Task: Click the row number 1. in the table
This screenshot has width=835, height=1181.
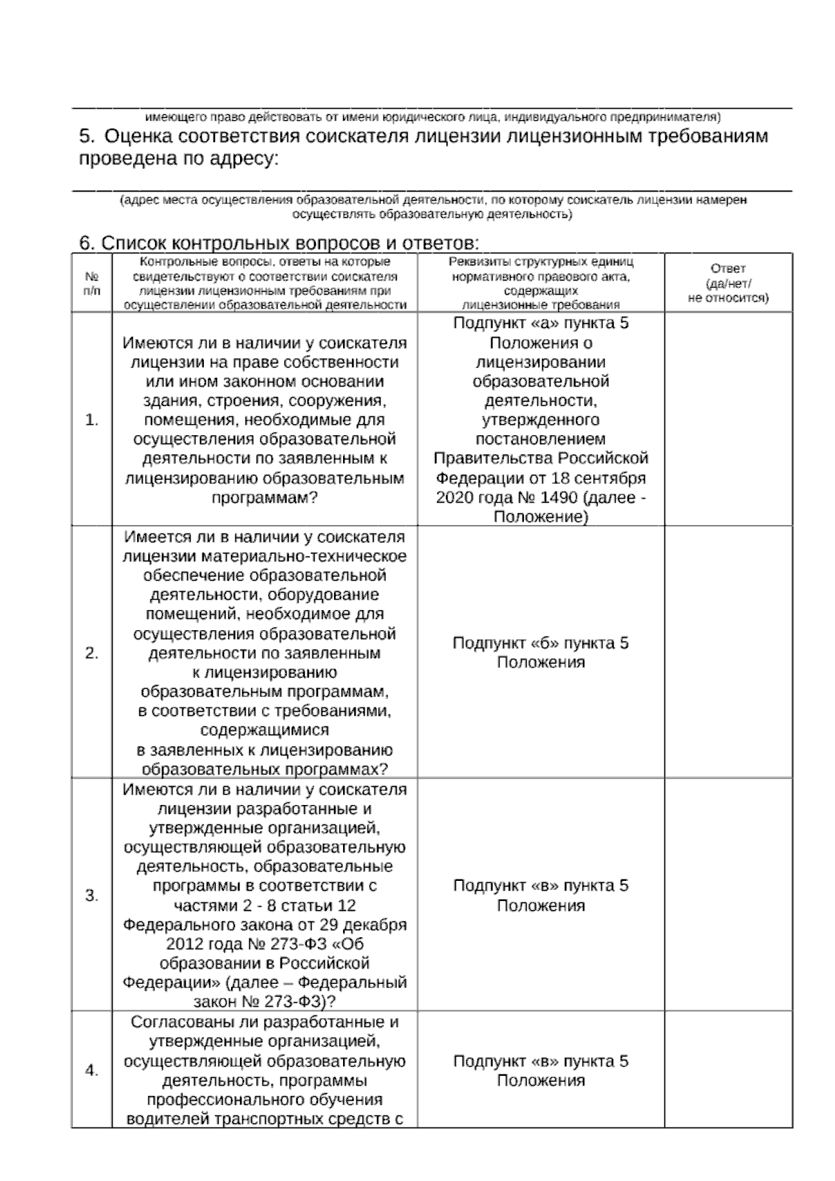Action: click(x=91, y=420)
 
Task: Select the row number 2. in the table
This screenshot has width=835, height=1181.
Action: click(x=91, y=653)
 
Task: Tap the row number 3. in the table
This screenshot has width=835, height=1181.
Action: click(x=91, y=895)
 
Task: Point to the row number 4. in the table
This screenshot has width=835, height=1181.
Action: click(x=91, y=1070)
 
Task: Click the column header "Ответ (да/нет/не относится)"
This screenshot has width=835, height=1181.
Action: click(x=728, y=283)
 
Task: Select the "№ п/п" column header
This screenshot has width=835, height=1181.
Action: click(x=91, y=283)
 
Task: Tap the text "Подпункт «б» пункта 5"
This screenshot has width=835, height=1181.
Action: click(x=541, y=643)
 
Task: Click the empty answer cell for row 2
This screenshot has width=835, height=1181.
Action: click(x=728, y=652)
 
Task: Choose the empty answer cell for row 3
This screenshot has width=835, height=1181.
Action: click(x=728, y=895)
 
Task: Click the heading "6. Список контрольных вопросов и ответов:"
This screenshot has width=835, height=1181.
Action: click(x=278, y=243)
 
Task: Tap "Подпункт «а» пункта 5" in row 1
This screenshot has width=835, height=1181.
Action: click(x=541, y=323)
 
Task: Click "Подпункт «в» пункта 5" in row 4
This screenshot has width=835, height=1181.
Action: click(x=541, y=1061)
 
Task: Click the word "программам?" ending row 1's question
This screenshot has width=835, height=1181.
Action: click(x=264, y=498)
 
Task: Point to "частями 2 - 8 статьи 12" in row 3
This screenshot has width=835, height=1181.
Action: click(x=264, y=905)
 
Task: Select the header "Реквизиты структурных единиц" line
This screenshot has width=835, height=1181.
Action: click(x=541, y=263)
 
